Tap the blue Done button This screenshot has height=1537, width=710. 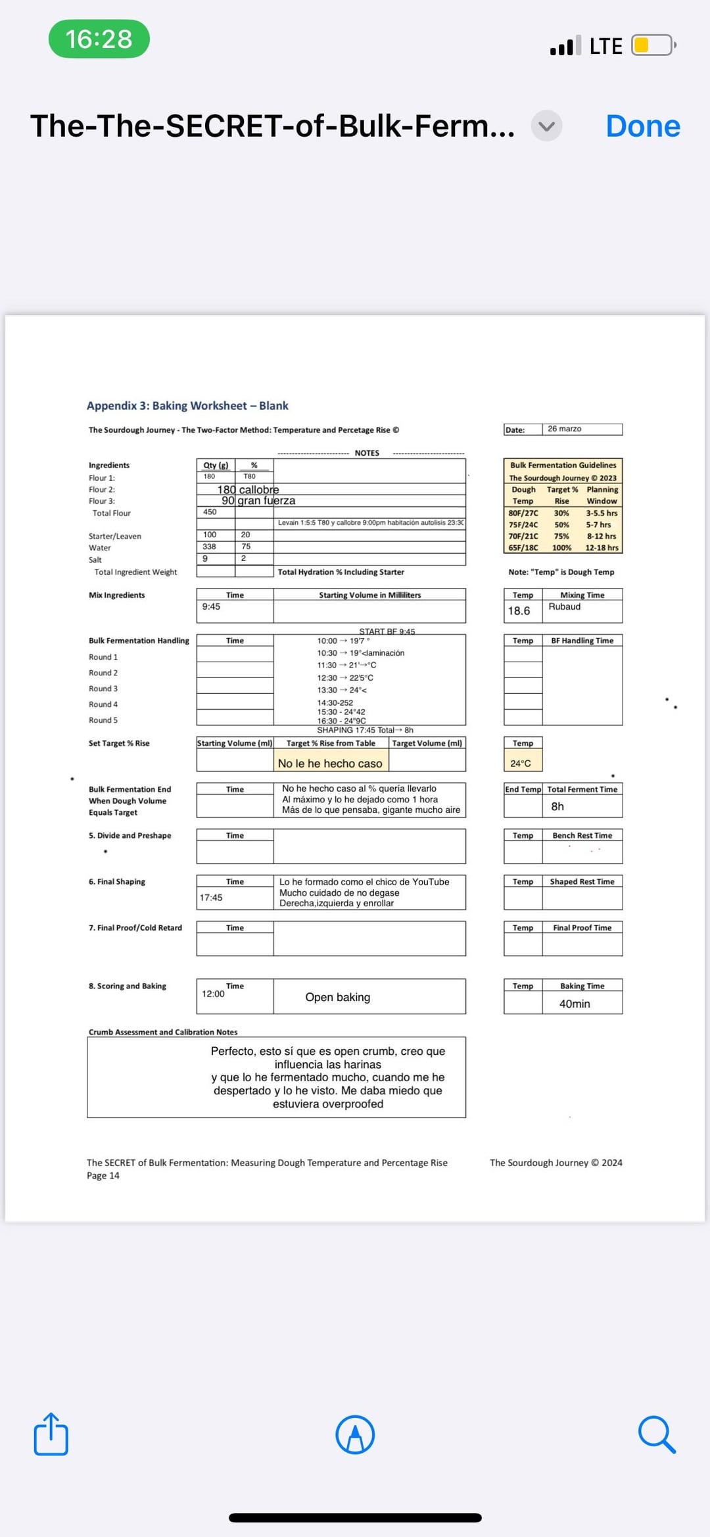(x=642, y=126)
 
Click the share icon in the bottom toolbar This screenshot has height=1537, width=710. (x=51, y=1434)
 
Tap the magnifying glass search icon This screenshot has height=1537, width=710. (x=656, y=1434)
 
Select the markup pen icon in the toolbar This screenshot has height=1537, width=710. (x=355, y=1434)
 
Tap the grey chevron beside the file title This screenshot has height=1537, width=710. (x=546, y=126)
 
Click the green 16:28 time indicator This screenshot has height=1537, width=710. (x=99, y=39)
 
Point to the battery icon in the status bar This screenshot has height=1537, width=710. (x=652, y=45)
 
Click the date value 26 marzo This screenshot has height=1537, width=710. (x=564, y=429)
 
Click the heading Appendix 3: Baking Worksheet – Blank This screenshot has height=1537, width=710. (x=187, y=406)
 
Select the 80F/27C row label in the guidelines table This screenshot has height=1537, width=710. (x=523, y=513)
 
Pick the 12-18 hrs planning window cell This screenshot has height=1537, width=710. (x=602, y=547)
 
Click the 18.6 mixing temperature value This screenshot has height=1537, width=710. (x=519, y=611)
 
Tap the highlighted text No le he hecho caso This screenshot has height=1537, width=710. (x=330, y=764)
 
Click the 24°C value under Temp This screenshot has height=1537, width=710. (x=520, y=764)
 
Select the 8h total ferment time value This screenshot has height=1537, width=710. (x=557, y=806)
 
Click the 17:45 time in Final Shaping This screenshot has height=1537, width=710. (x=211, y=898)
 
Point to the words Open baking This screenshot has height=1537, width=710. (x=337, y=997)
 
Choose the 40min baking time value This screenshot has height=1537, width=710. (x=575, y=1004)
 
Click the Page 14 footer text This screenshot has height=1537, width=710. (x=103, y=1175)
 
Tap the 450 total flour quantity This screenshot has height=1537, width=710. (x=210, y=512)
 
